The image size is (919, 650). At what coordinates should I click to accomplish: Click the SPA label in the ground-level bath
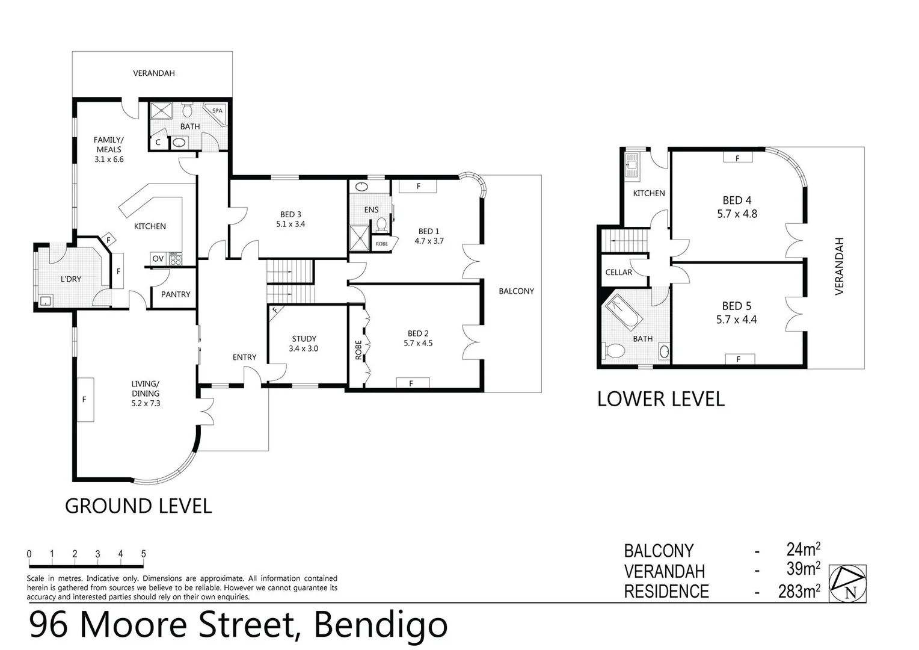tap(217, 111)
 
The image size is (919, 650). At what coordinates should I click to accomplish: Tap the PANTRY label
tap(176, 294)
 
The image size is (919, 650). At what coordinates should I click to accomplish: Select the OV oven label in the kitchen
tap(158, 259)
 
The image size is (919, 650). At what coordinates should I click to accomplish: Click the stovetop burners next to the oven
tap(175, 259)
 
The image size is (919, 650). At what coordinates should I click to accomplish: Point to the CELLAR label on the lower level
tap(619, 272)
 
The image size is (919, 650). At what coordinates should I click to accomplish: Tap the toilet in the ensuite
tap(381, 224)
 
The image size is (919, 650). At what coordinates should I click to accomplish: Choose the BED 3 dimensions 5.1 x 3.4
tap(290, 224)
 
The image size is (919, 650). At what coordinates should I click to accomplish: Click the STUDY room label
tap(304, 339)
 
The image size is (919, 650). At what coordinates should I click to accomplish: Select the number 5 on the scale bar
tap(143, 554)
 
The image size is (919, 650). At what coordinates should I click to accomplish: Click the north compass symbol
tap(847, 583)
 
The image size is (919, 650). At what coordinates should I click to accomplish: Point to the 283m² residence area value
tap(799, 590)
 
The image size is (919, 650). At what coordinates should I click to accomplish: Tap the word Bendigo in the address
tap(380, 625)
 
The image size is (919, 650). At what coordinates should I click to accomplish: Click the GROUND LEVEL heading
tap(138, 506)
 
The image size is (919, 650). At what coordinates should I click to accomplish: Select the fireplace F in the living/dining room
tap(85, 399)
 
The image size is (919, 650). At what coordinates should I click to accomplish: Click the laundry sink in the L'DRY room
tap(46, 301)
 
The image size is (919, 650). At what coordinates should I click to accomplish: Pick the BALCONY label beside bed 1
tap(516, 291)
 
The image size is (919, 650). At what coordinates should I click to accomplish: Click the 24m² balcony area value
tap(804, 549)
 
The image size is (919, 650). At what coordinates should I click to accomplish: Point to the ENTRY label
tap(245, 357)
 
